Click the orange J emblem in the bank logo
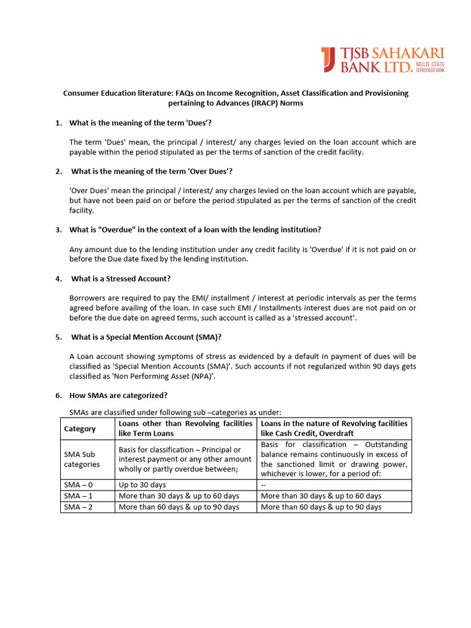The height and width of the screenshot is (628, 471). tap(327, 59)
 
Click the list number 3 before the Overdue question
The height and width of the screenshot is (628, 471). tap(58, 229)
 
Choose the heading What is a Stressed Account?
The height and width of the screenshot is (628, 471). tap(121, 278)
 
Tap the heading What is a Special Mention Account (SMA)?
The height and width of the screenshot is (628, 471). tap(145, 337)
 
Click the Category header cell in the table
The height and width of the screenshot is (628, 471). tap(80, 429)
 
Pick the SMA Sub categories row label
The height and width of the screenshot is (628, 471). tap(80, 459)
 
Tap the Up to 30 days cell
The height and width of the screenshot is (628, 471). tap(142, 485)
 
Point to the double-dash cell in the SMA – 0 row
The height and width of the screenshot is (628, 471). tap(264, 485)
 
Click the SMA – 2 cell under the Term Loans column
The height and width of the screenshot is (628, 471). tap(178, 507)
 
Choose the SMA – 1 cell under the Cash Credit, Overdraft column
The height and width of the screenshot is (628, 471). tap(321, 496)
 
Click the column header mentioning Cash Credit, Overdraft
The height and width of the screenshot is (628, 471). tap(334, 429)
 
